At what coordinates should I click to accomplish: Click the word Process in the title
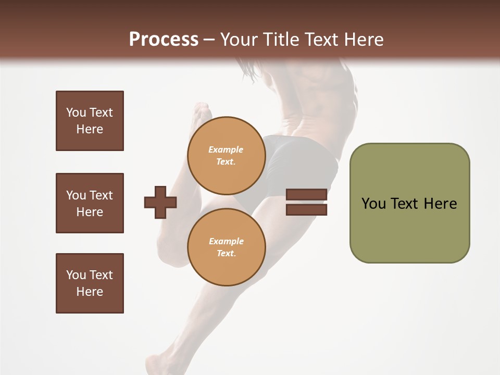pos(164,40)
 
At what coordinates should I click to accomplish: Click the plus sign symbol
pos(160,202)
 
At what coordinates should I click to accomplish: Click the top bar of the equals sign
pos(306,194)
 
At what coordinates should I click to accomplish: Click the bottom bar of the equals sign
pos(306,209)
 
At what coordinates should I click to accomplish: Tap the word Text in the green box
pos(405,204)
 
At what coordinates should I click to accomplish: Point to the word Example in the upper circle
pos(226,149)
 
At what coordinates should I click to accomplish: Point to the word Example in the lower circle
pos(226,241)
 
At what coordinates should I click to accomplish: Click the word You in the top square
pos(76,113)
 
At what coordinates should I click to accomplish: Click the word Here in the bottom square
pos(90,292)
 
